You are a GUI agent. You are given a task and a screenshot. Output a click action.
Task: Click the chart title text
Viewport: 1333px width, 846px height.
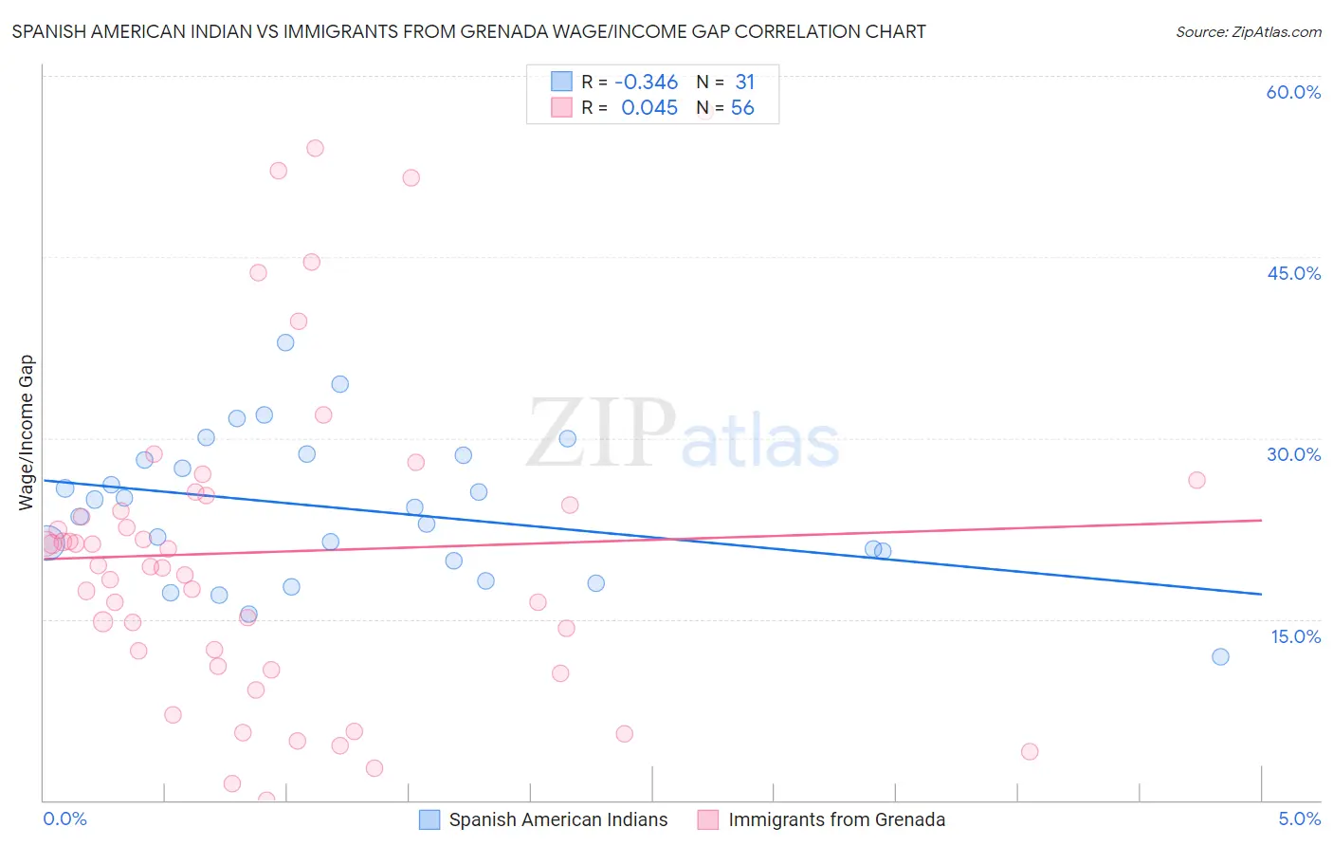click(468, 31)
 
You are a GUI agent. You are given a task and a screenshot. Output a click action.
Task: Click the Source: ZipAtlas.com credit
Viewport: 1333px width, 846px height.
click(1248, 31)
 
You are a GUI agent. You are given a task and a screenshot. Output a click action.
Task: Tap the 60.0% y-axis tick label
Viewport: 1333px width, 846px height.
click(1293, 92)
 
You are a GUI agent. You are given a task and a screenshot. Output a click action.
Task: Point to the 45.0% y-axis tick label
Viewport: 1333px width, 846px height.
click(1293, 273)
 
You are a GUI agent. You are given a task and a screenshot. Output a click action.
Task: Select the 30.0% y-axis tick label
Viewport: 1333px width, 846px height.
click(1293, 454)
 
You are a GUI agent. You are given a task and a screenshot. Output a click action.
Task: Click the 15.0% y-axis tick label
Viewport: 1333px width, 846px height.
click(1295, 636)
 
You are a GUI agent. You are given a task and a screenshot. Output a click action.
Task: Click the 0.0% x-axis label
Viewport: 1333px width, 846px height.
click(64, 818)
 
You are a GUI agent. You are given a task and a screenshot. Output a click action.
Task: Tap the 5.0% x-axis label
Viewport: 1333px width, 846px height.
click(1299, 818)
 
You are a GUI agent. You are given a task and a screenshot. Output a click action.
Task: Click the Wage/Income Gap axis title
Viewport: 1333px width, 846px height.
click(27, 432)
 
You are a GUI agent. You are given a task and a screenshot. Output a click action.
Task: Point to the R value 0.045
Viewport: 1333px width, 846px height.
click(649, 108)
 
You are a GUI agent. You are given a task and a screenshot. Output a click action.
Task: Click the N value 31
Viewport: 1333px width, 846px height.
click(744, 83)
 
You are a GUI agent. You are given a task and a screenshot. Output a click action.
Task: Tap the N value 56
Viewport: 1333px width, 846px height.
click(742, 108)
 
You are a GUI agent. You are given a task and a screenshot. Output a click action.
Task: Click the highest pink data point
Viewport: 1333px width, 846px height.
click(315, 148)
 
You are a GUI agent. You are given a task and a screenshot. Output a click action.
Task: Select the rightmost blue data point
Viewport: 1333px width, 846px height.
click(1220, 656)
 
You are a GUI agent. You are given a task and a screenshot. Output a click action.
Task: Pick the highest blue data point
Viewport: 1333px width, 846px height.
click(285, 342)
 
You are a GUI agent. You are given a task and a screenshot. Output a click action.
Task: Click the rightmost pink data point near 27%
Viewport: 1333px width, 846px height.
click(1196, 480)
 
